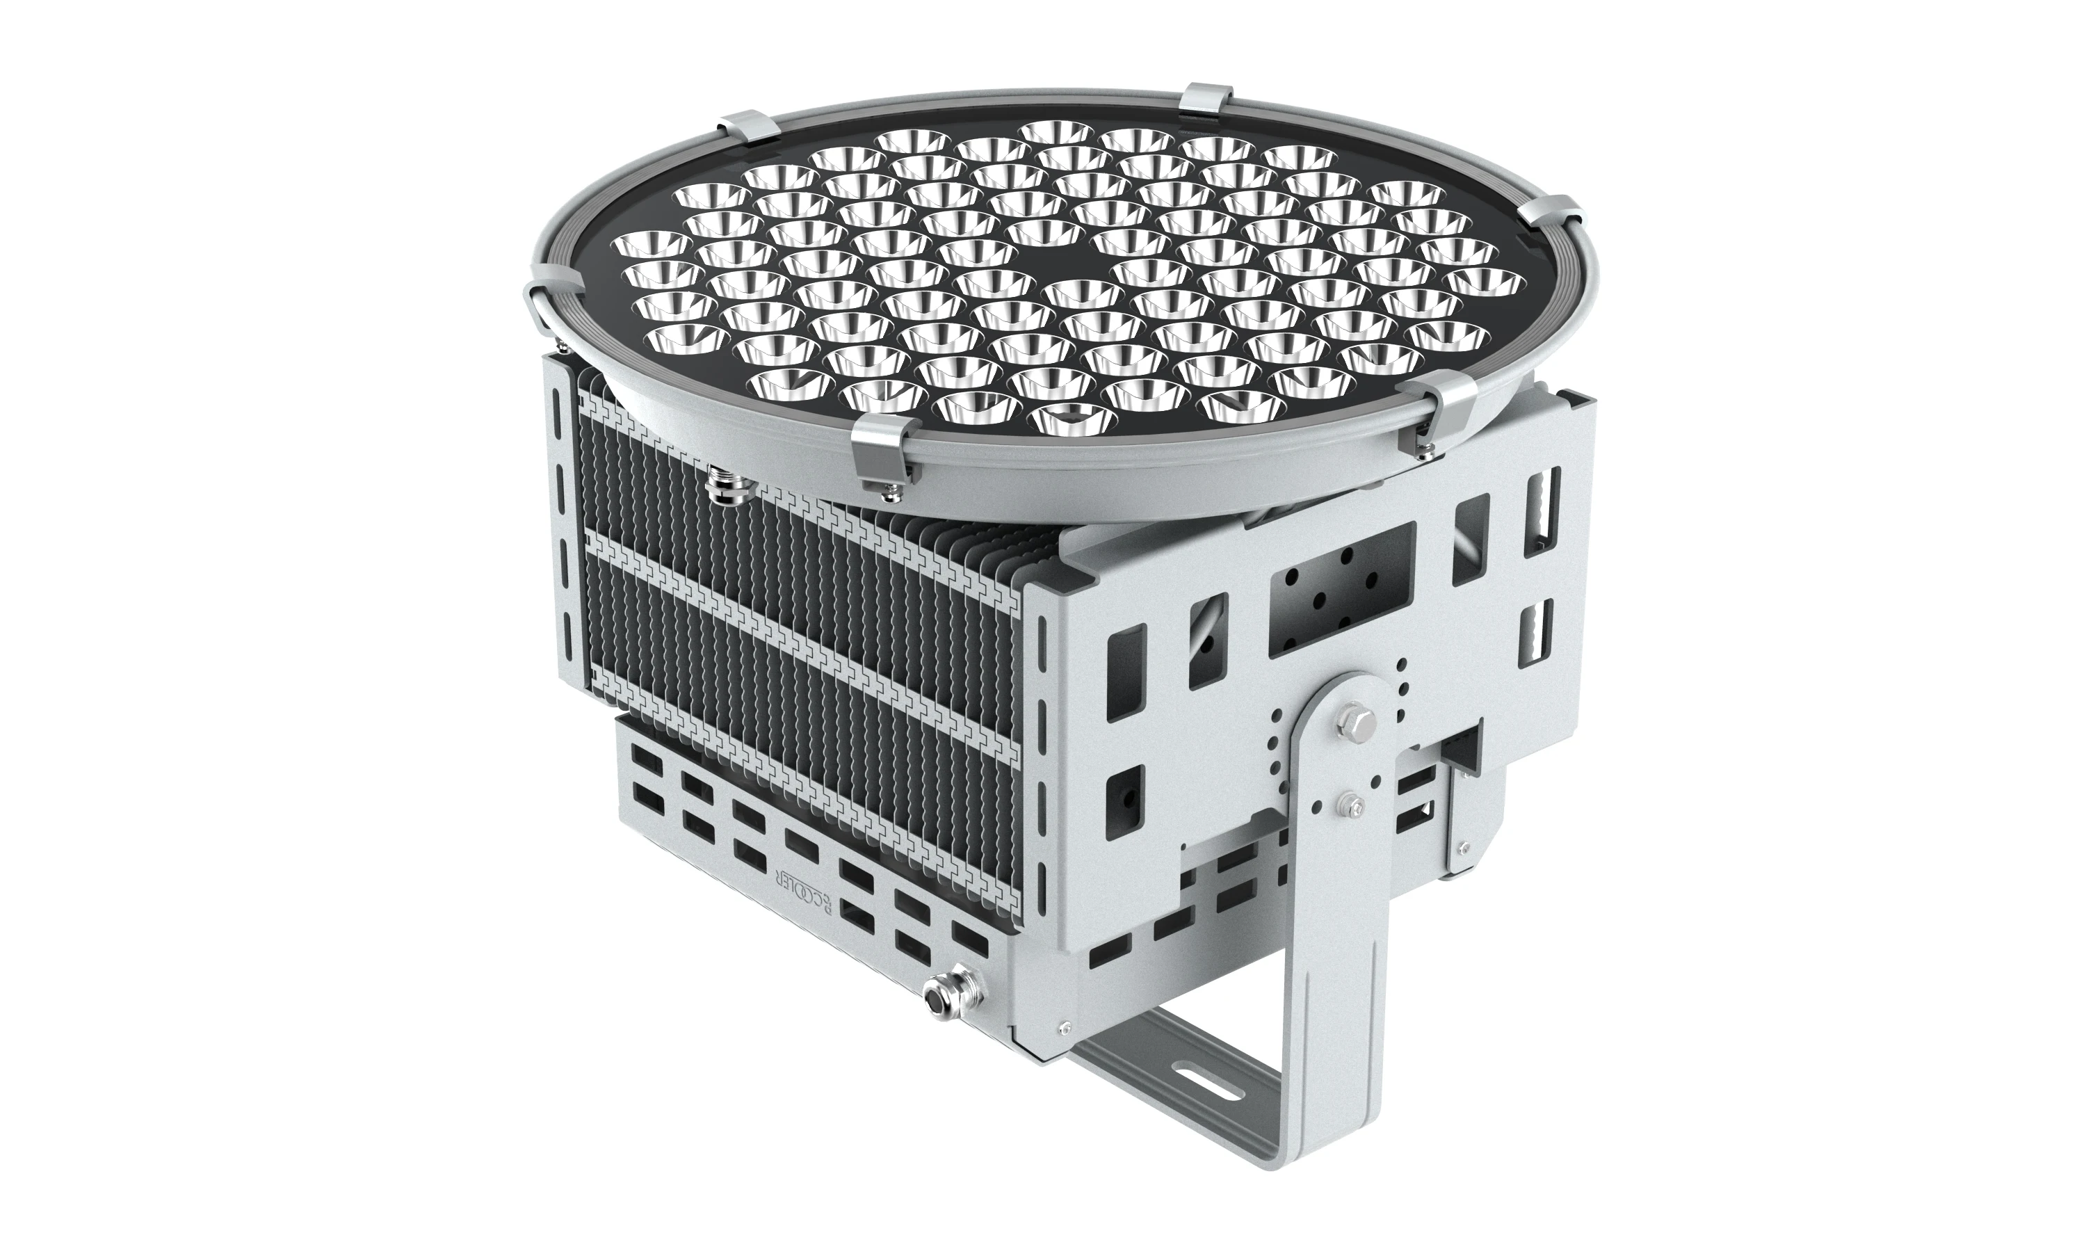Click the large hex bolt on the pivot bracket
tap(1353, 720)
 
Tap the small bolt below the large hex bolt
tap(1350, 805)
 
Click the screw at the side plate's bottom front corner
tap(1065, 1026)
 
